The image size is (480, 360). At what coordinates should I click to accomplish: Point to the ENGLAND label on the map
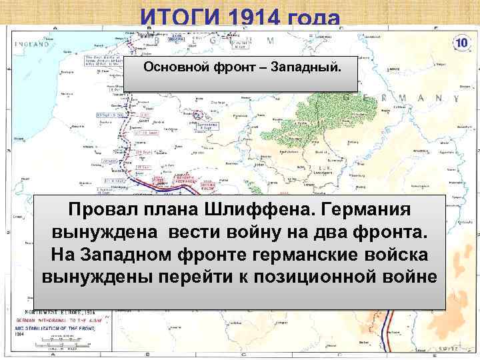(31, 45)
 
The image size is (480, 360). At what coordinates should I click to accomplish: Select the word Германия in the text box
(366, 211)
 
